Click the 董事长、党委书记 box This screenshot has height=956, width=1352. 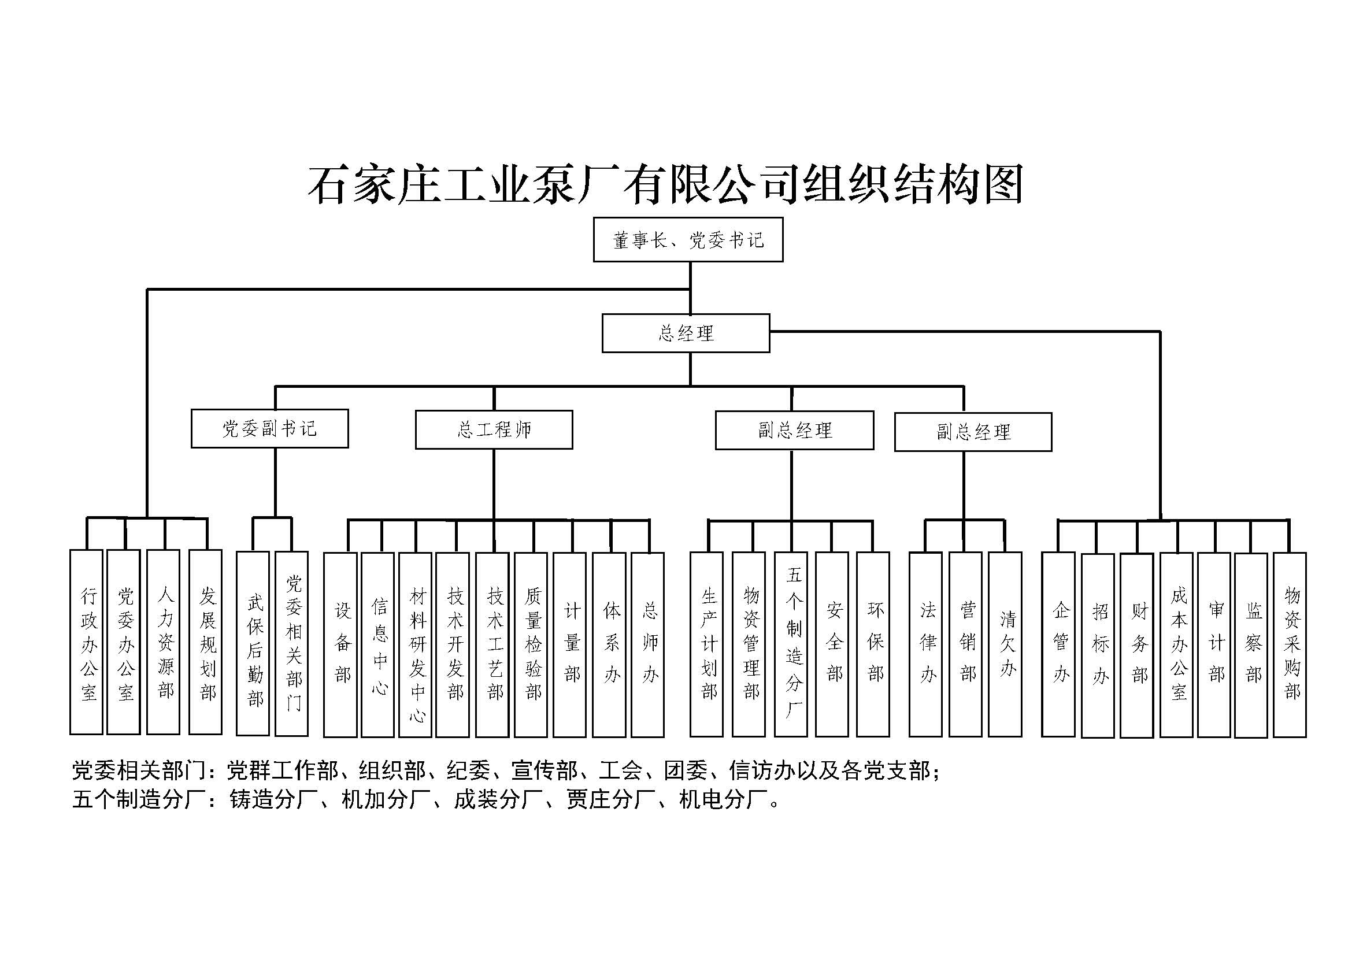[688, 239]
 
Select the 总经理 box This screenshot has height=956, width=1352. [686, 333]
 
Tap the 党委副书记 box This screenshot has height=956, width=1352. [270, 428]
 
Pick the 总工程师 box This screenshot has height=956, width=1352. [494, 429]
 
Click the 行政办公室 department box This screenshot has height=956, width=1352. [87, 642]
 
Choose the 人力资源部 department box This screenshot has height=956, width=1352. [163, 642]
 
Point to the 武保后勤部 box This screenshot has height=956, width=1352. [253, 643]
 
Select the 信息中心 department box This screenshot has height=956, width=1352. [377, 644]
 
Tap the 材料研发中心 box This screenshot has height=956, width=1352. [415, 644]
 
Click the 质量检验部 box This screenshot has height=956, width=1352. [531, 644]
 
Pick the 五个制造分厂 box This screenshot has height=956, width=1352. [791, 644]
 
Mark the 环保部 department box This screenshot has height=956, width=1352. [873, 644]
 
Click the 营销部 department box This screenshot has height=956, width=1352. [966, 644]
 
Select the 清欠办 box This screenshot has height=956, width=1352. [1005, 644]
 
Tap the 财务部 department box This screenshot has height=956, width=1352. [1136, 646]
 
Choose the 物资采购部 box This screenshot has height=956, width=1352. [1290, 644]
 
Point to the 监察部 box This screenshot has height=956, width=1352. [1251, 645]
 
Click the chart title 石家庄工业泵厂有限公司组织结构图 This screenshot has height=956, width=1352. [665, 184]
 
